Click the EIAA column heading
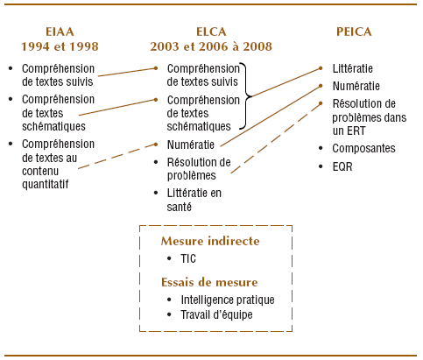point(60,32)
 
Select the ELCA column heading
point(211,32)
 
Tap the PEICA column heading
point(354,32)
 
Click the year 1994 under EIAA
point(35,46)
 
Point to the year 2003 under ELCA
point(165,46)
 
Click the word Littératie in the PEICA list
point(353,68)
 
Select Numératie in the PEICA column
point(356,86)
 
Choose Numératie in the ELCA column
point(191,145)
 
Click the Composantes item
point(363,148)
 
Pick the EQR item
point(342,166)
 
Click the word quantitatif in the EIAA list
point(46,184)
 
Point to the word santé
point(179,207)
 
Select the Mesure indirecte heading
point(210,241)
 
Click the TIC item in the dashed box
point(188,258)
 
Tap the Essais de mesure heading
point(209,282)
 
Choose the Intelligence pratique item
point(228,300)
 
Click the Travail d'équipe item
point(216,314)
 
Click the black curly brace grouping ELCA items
point(247,95)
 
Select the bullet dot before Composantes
point(321,148)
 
